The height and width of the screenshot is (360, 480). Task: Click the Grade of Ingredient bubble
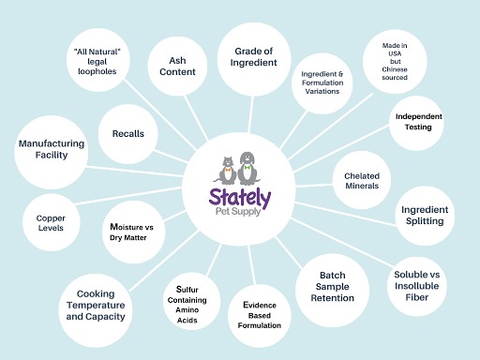point(255,55)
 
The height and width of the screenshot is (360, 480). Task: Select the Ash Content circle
point(178,65)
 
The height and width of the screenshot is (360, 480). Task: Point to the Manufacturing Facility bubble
point(52,149)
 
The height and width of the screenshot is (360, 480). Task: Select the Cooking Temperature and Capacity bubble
point(95,304)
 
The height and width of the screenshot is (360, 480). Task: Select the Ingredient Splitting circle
point(424,215)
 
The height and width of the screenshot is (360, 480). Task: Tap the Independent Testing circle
point(419,121)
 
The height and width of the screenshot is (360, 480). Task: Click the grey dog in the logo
point(247,167)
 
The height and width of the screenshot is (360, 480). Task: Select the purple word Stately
point(239,200)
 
